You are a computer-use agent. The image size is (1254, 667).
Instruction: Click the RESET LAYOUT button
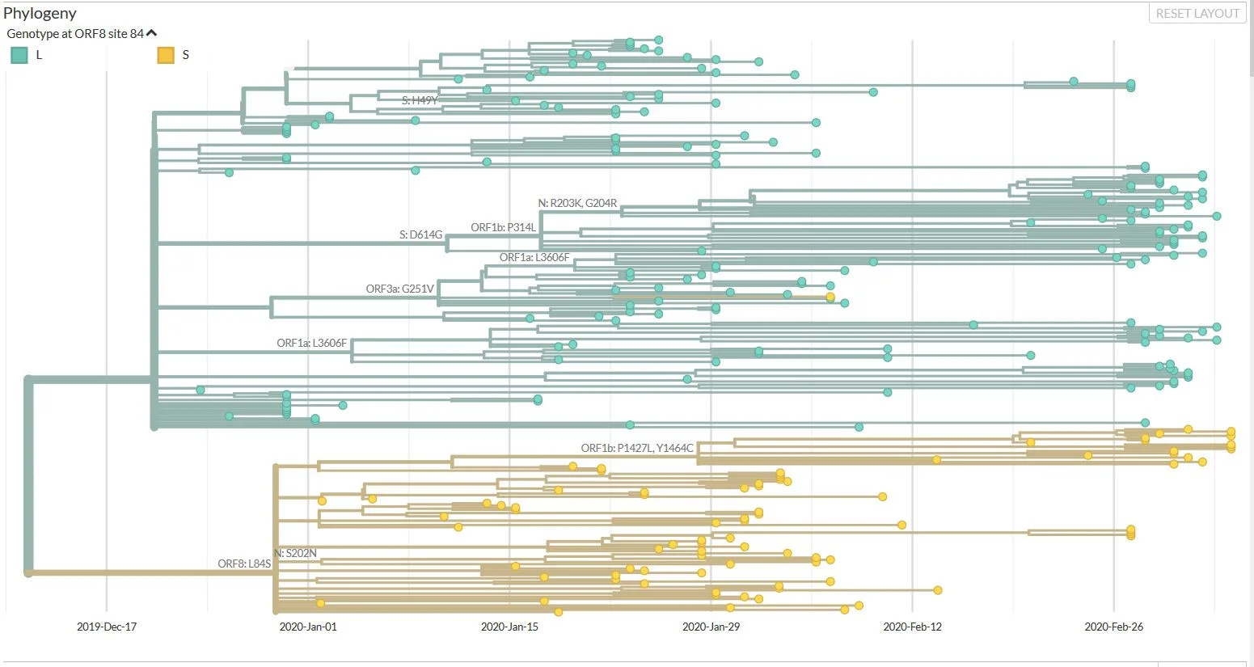[x=1197, y=14]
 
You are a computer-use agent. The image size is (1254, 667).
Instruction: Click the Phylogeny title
[x=40, y=13]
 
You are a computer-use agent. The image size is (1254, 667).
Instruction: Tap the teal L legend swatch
[x=19, y=55]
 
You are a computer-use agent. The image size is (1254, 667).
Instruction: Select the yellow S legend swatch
[x=166, y=55]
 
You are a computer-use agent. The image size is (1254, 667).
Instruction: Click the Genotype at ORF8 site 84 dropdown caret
[x=151, y=34]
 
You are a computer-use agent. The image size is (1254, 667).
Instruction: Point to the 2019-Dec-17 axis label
[x=107, y=627]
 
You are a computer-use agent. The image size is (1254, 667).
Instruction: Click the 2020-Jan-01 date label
[x=308, y=627]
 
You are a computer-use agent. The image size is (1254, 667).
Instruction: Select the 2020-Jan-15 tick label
[x=509, y=627]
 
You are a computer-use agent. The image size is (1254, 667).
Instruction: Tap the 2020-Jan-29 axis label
[x=711, y=627]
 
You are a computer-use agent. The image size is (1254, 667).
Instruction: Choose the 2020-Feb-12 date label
[x=913, y=627]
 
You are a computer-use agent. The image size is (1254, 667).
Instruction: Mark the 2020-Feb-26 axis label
[x=1114, y=627]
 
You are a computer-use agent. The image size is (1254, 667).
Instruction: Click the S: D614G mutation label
[x=420, y=234]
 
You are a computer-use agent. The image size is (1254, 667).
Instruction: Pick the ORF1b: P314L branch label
[x=503, y=227]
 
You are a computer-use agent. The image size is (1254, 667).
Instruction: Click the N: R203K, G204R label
[x=577, y=203]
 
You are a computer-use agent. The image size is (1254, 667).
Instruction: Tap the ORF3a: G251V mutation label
[x=399, y=289]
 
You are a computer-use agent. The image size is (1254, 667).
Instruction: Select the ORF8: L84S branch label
[x=244, y=564]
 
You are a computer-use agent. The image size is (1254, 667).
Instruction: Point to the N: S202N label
[x=296, y=553]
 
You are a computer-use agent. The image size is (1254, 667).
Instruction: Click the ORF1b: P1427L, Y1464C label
[x=637, y=448]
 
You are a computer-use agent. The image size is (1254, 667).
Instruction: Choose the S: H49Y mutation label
[x=420, y=100]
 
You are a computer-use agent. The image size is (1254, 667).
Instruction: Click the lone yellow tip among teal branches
[x=830, y=297]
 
